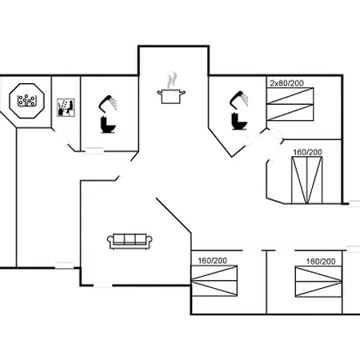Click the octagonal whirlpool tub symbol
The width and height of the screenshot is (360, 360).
tap(26, 101)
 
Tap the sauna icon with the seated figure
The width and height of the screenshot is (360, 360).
tap(66, 107)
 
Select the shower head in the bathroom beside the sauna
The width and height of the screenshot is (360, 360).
tap(108, 102)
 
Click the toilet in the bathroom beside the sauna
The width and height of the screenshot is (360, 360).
tap(108, 125)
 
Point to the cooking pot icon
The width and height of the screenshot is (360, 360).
tap(171, 97)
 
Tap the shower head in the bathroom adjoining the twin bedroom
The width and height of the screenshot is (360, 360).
tap(239, 99)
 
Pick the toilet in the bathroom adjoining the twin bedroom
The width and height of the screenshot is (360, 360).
tap(239, 122)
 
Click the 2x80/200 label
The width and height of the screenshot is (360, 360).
tap(286, 83)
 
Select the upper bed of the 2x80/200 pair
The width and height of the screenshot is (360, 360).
tap(290, 96)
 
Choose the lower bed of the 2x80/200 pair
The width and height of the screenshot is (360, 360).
tap(290, 112)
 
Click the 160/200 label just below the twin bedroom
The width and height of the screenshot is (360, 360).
tap(307, 152)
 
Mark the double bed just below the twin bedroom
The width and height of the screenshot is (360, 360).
tap(307, 180)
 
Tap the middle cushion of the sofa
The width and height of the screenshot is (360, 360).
tap(130, 239)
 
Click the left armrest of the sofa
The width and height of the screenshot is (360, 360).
tap(110, 242)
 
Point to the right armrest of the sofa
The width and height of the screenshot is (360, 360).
tap(150, 242)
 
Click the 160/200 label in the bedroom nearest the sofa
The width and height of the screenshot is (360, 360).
tap(212, 261)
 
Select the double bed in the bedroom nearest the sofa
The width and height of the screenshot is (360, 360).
tap(214, 281)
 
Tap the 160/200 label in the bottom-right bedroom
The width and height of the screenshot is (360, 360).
tap(321, 262)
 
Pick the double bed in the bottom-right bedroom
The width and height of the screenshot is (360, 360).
tap(318, 282)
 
